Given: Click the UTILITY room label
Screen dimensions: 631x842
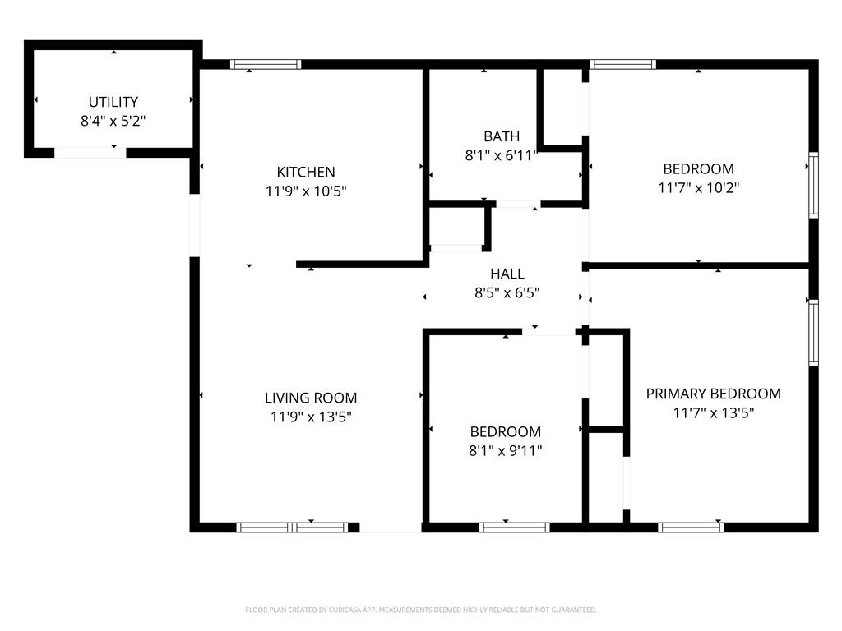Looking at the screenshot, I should (113, 102).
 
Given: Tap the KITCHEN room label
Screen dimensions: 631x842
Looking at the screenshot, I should (305, 172).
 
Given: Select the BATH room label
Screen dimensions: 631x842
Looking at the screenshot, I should (501, 136).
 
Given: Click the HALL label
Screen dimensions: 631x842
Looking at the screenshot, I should (507, 274).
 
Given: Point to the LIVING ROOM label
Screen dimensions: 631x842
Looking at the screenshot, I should (311, 398).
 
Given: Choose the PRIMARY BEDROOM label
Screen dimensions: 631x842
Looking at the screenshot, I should (713, 394).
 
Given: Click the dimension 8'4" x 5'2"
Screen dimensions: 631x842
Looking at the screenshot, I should (113, 121).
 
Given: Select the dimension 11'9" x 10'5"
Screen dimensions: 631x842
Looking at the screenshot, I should (305, 191).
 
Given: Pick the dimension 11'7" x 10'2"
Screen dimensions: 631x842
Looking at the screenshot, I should (698, 187).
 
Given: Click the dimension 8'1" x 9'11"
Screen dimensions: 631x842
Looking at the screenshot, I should (505, 450).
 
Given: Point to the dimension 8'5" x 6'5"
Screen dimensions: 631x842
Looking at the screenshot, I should (507, 292).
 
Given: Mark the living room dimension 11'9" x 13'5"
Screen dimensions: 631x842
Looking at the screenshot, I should (311, 417).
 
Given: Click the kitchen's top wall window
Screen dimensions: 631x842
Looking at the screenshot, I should (265, 64).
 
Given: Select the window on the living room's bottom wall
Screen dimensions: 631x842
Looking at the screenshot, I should (292, 527).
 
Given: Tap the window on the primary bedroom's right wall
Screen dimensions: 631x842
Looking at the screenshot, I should (813, 332).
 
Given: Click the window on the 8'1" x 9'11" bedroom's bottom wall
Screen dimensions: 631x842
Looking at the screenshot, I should (514, 527).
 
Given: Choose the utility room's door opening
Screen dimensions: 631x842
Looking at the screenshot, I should (90, 153).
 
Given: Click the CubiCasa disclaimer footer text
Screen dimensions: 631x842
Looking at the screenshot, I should (421, 610).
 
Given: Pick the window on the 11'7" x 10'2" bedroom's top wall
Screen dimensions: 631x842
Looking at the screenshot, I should (623, 64).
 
